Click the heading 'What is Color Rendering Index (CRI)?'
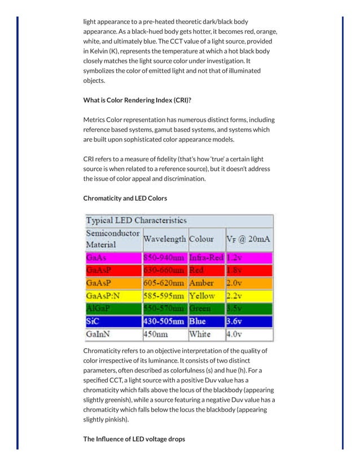[x=137, y=100]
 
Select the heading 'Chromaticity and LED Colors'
[x=125, y=198]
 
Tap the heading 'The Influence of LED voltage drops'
[x=134, y=438]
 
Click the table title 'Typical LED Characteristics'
[x=136, y=220]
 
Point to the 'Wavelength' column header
[x=165, y=239]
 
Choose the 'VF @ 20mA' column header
[x=248, y=239]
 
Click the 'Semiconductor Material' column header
[x=113, y=239]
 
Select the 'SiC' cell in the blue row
[x=93, y=322]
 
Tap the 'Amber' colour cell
[x=201, y=283]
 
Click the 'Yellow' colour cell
[x=202, y=296]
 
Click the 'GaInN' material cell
[x=98, y=335]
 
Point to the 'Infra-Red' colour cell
[x=206, y=258]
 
